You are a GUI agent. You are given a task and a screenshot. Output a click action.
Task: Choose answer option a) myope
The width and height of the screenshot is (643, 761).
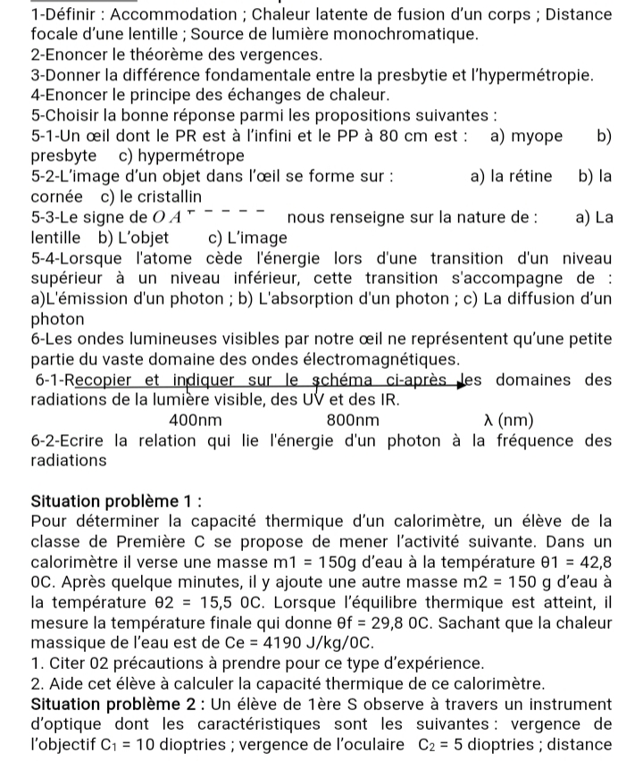point(527,136)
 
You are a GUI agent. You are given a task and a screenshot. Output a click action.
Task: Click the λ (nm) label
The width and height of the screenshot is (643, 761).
point(507,420)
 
